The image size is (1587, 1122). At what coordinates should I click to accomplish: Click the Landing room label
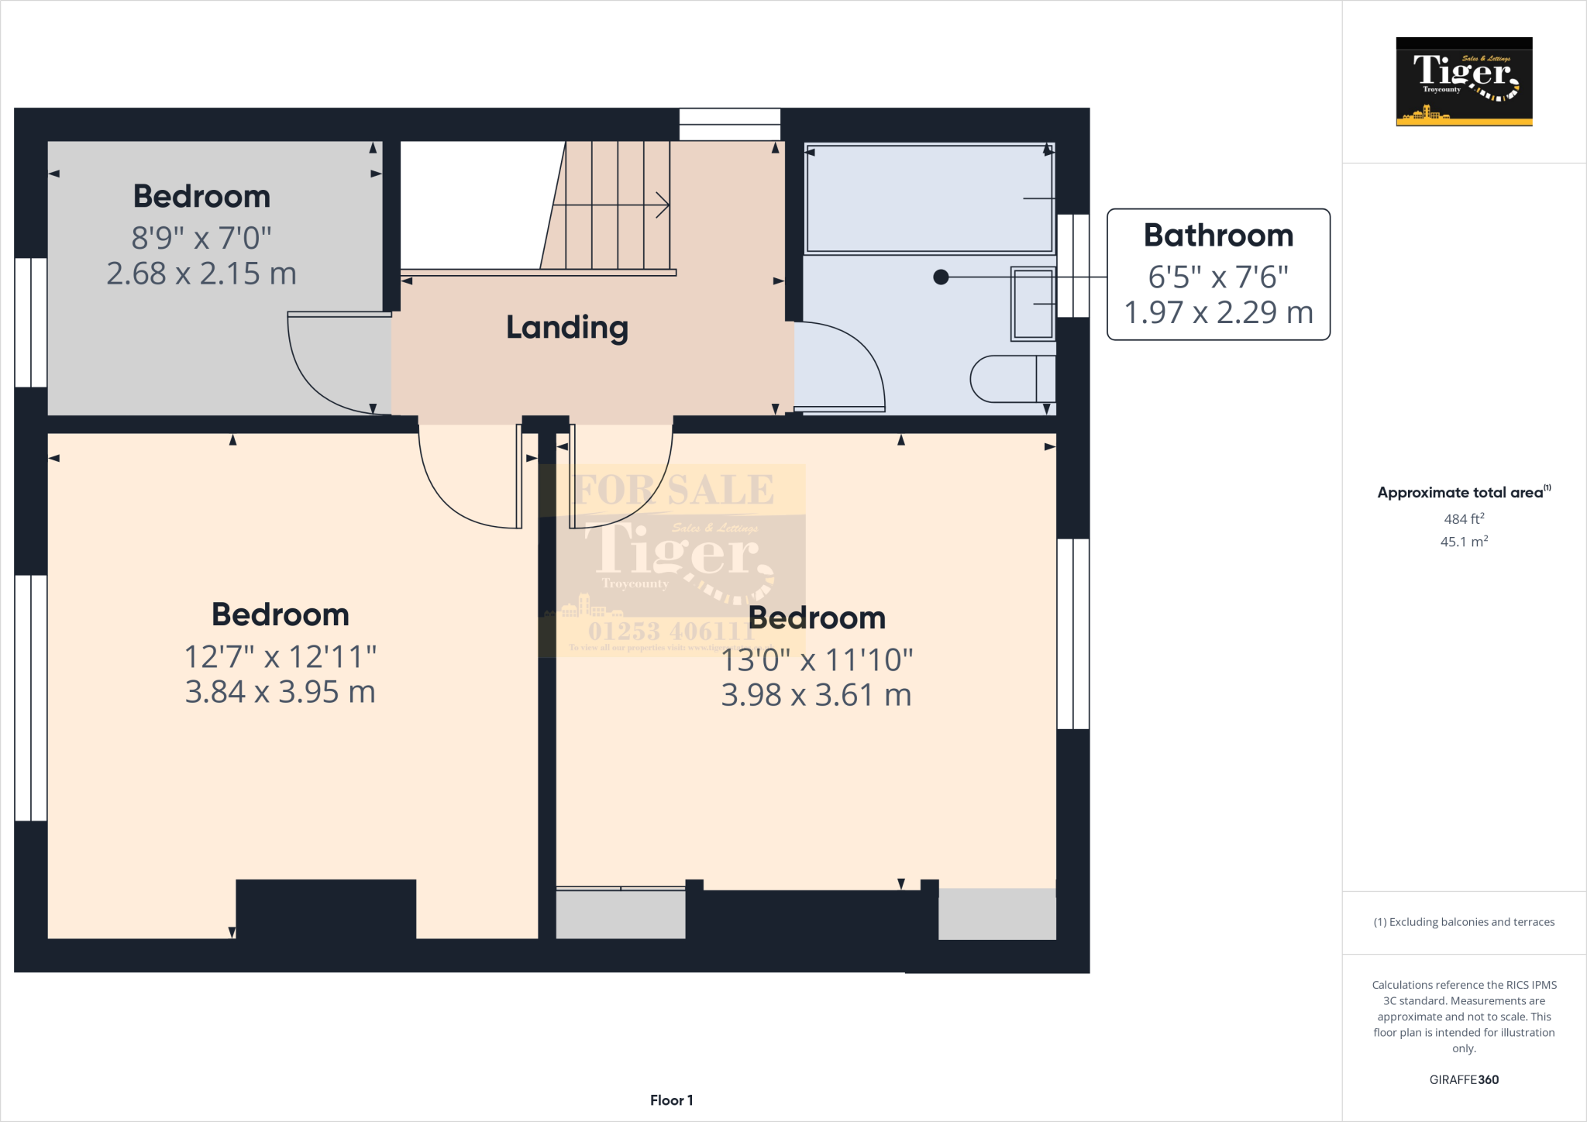566,328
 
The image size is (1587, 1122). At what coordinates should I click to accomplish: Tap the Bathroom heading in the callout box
1218,236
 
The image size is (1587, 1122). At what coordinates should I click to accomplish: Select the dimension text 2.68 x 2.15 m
201,274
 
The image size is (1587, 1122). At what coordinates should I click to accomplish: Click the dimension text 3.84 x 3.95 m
280,692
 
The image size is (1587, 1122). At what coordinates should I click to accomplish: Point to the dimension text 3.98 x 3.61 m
816,695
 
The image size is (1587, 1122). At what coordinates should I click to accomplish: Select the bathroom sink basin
1033,304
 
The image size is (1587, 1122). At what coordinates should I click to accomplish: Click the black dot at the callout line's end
941,277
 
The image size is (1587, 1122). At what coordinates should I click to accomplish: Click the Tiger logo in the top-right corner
1464,81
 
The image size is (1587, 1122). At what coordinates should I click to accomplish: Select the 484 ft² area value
1464,519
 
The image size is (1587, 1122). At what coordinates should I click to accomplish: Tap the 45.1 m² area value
1464,542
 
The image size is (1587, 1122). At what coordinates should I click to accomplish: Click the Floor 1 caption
671,1100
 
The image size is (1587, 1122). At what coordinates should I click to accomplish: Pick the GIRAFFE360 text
1464,1079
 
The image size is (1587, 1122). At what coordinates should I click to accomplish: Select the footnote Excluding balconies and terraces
1464,922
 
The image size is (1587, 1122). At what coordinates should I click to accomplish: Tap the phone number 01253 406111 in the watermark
671,631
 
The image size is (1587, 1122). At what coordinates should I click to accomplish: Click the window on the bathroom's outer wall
1073,266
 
